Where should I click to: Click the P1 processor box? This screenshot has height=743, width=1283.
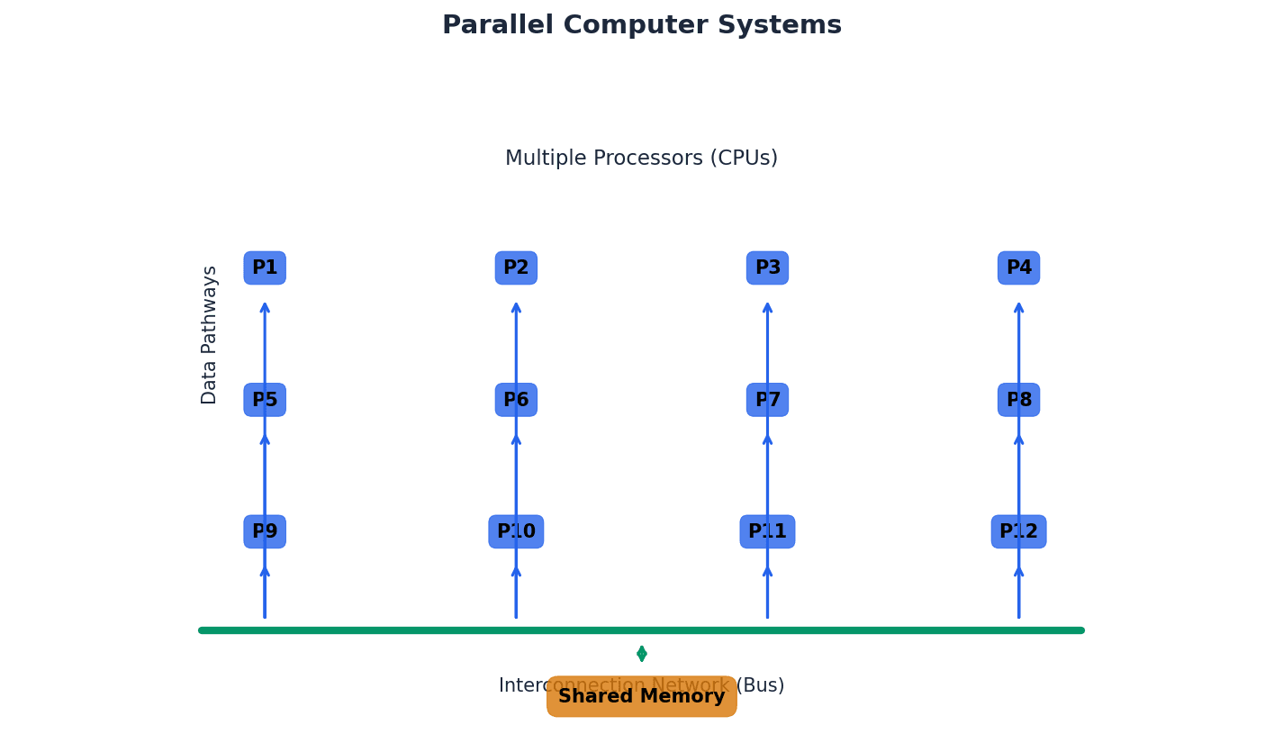(x=265, y=268)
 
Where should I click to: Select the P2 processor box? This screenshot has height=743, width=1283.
(x=516, y=268)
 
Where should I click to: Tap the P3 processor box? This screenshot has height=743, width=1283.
(x=767, y=268)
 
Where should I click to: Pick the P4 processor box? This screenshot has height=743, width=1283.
(x=1018, y=268)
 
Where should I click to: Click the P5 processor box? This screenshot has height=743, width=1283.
(x=265, y=400)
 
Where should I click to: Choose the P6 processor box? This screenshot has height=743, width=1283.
(x=516, y=400)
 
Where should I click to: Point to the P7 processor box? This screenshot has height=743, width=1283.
(x=767, y=400)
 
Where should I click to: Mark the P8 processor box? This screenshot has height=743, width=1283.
(x=1018, y=400)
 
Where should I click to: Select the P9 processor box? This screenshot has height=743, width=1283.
(x=265, y=532)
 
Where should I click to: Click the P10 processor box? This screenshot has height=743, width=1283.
(x=516, y=532)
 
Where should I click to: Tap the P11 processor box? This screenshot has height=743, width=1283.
(x=767, y=532)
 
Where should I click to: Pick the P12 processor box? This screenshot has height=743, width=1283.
(x=1018, y=532)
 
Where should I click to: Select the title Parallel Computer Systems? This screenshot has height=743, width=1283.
(x=641, y=25)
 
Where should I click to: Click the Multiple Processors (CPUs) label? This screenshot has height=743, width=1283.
(x=641, y=159)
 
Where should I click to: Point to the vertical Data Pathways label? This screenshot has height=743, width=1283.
(x=210, y=335)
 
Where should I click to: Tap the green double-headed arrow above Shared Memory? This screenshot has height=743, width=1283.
(x=641, y=654)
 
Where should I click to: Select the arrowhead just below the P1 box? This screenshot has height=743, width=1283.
(x=265, y=308)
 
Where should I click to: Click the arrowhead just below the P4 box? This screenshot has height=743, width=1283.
(x=1018, y=308)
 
